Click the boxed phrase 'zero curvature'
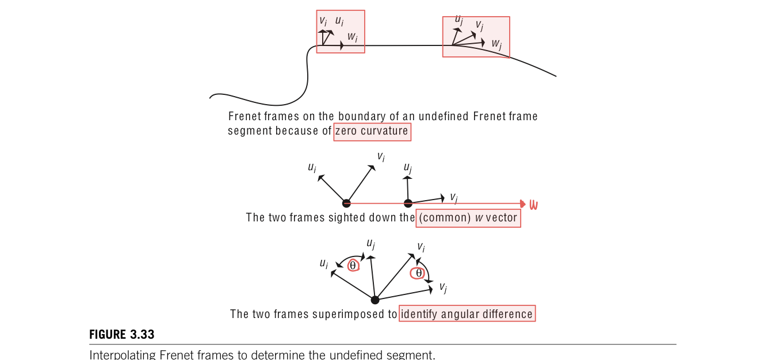(x=372, y=131)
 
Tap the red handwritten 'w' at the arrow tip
(x=533, y=205)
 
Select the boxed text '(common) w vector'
(x=468, y=218)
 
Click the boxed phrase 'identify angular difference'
(x=467, y=314)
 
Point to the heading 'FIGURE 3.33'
(x=122, y=335)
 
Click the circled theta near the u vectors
(x=353, y=265)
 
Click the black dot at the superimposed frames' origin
(x=375, y=300)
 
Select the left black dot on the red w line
(x=346, y=203)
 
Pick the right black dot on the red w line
(x=408, y=203)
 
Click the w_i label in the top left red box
(x=353, y=37)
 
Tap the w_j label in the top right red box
(x=496, y=44)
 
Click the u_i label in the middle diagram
(x=312, y=168)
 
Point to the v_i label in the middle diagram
(x=381, y=156)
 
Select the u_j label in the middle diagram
(x=408, y=168)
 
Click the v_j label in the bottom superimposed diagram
(x=443, y=287)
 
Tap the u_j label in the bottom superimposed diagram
(x=371, y=244)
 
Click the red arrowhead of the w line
(x=522, y=204)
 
